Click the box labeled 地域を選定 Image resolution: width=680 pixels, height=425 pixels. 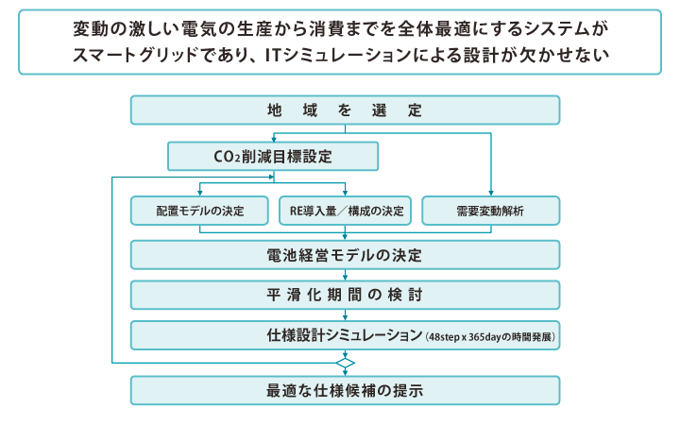click(346, 110)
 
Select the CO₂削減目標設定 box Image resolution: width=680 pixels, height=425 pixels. click(273, 156)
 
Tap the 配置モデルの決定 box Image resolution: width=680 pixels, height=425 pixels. click(199, 211)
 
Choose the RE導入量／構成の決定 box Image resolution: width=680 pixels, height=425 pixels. click(345, 211)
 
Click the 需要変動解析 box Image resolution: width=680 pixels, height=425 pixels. click(491, 211)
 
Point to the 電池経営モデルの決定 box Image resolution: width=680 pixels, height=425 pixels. click(346, 255)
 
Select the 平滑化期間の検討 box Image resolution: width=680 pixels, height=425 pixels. click(346, 295)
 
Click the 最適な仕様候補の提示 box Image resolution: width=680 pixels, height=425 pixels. click(346, 390)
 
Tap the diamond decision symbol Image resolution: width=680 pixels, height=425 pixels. click(346, 363)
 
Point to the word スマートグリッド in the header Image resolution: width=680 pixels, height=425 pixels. click(135, 55)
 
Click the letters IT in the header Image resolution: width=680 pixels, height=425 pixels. click(273, 55)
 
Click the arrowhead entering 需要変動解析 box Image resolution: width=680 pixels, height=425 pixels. click(491, 193)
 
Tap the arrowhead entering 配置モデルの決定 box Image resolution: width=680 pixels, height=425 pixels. click(199, 193)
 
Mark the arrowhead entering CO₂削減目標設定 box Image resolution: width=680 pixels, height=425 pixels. click(274, 139)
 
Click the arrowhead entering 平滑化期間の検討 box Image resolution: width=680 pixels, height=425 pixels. click(346, 277)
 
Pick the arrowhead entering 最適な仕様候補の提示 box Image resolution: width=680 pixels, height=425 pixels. click(346, 372)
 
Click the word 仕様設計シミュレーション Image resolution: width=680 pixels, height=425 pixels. click(345, 335)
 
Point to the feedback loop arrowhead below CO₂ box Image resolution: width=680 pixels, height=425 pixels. click(271, 177)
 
